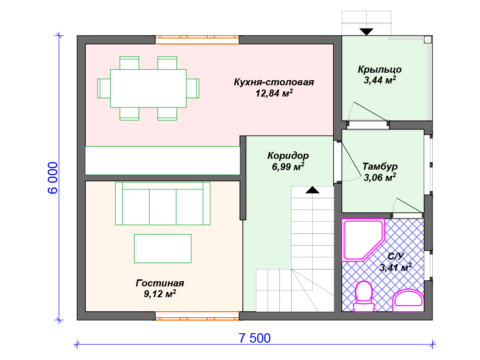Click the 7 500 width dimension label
[255, 338]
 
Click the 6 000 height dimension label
[52, 178]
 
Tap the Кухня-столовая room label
[274, 82]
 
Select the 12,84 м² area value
[274, 93]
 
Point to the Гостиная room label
[160, 283]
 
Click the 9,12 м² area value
[160, 293]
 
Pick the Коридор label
[288, 156]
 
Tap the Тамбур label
[380, 166]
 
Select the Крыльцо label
[380, 69]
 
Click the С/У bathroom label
[396, 256]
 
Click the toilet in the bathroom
[364, 296]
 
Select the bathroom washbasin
[408, 300]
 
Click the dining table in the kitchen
[148, 89]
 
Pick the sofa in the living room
[163, 203]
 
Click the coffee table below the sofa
[163, 248]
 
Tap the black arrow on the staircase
[312, 190]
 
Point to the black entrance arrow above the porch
[367, 31]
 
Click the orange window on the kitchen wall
[197, 40]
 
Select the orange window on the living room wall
[197, 316]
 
